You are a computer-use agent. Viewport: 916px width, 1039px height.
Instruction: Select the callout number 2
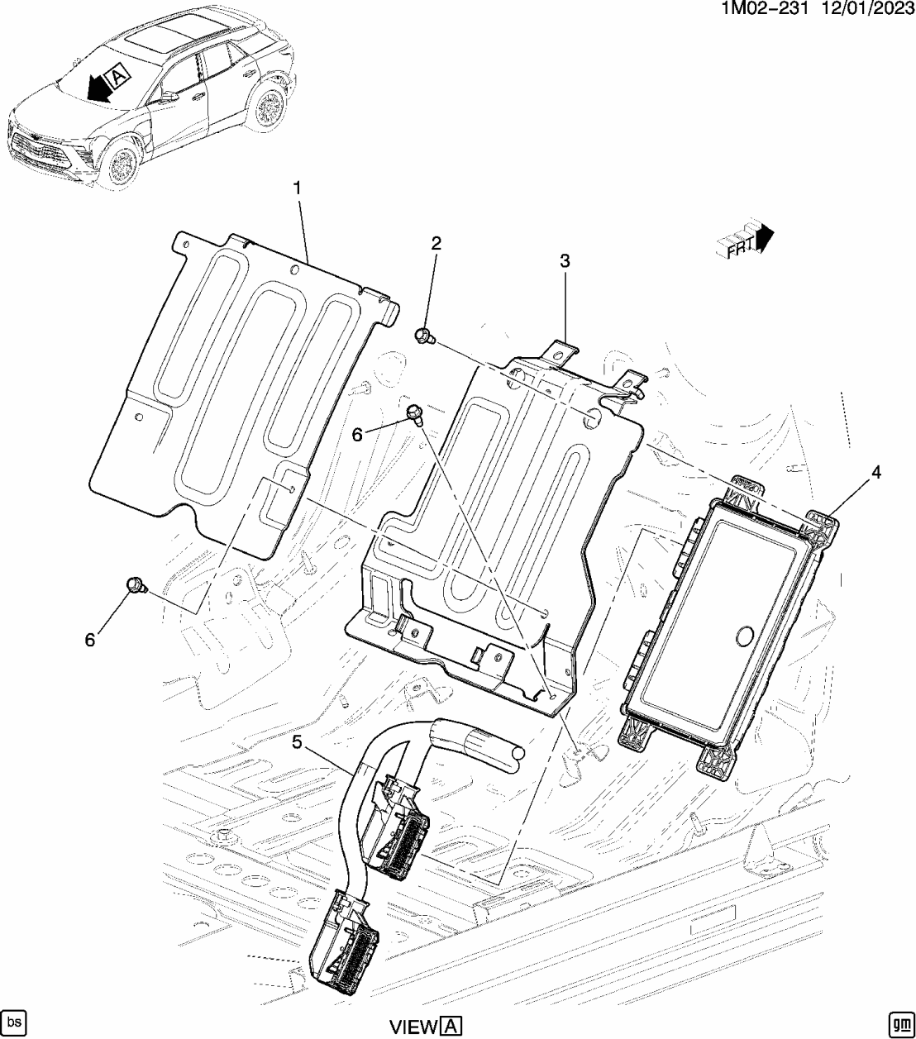pos(436,243)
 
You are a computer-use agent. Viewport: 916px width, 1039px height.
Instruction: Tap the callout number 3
pos(565,261)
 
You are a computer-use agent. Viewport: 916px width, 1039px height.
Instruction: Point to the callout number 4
pos(875,473)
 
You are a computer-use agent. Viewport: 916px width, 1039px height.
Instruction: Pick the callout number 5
pos(298,742)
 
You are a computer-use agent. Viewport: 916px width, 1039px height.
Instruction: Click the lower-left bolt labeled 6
pos(136,586)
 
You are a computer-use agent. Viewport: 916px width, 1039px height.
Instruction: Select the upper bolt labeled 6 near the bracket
pos(416,412)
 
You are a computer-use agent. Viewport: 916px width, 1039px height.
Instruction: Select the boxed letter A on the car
pos(118,76)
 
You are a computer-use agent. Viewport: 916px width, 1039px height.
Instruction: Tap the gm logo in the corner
pos(899,1022)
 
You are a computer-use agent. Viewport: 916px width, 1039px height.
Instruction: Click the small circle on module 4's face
pos(742,636)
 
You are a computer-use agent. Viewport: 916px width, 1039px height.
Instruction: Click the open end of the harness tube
pos(517,754)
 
